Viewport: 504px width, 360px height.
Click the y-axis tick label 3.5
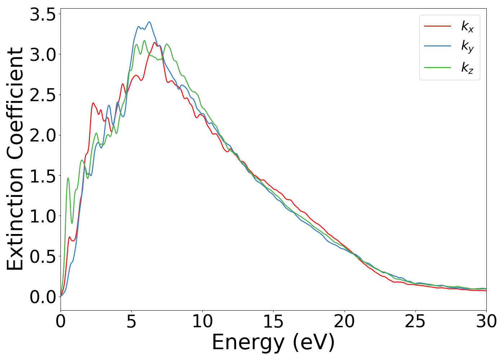[x=43, y=15]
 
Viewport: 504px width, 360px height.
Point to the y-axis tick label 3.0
[x=43, y=55]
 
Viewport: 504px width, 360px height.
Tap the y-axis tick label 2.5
[x=43, y=95]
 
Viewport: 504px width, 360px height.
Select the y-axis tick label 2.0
[x=43, y=136]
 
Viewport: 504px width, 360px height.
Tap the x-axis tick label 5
[x=131, y=321]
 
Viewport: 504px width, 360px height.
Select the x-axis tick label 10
[x=202, y=321]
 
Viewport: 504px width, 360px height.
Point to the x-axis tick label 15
[x=273, y=321]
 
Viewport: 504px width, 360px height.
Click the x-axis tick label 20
[x=344, y=321]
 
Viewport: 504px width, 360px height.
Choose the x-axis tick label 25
[x=415, y=321]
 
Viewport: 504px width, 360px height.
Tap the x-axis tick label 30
[x=486, y=321]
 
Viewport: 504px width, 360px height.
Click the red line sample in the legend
[x=437, y=26]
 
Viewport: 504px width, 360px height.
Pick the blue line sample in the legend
[x=437, y=46]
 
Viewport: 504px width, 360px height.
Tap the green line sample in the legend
[x=437, y=67]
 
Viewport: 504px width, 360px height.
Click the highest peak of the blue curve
[x=149, y=22]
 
